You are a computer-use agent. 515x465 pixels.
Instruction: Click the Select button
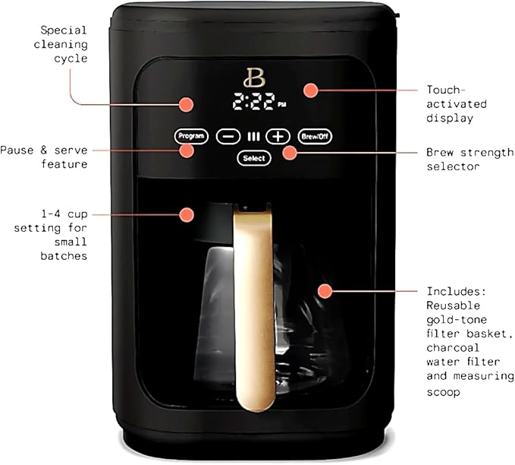254,158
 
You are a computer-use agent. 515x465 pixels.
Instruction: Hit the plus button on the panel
279,137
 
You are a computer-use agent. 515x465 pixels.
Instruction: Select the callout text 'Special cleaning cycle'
65,44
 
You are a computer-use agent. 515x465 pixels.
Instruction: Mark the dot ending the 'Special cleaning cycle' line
186,104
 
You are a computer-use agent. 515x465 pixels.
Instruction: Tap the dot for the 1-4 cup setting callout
186,215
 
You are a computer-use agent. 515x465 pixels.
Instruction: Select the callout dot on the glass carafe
325,291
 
